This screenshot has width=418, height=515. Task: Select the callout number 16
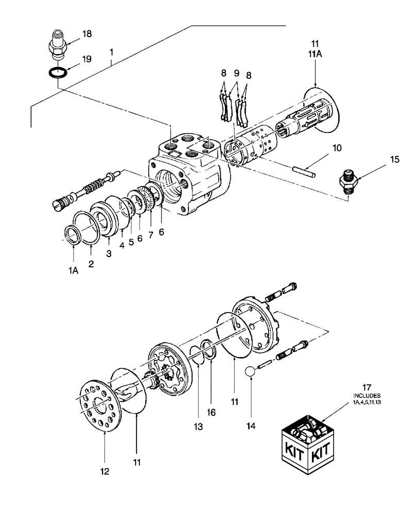point(212,412)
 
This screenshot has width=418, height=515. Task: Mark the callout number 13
point(199,427)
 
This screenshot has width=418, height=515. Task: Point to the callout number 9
point(237,74)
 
